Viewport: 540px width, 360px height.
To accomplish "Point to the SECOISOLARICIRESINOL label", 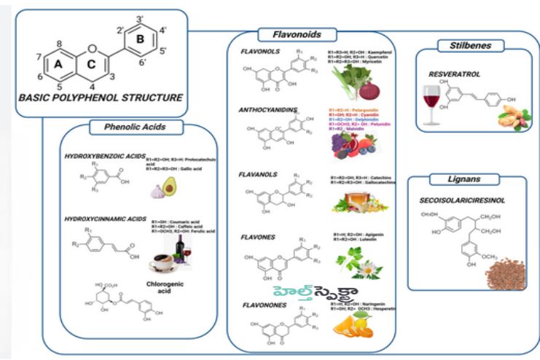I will [462, 199].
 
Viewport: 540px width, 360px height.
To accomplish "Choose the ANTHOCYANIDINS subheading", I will [268, 110].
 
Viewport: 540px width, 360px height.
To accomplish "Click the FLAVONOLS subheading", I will [259, 52].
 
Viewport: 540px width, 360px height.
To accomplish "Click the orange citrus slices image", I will [349, 326].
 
